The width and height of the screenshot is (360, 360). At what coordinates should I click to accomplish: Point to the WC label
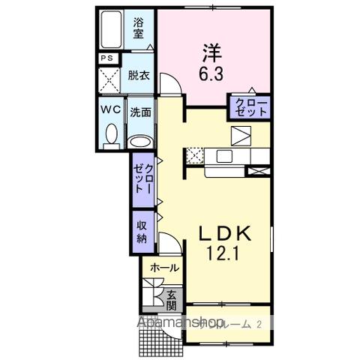[x=110, y=109]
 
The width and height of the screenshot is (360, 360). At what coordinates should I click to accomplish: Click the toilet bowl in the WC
[x=111, y=136]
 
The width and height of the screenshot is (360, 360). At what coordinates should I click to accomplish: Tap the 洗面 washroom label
[x=140, y=113]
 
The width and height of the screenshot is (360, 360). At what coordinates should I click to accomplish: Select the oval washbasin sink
[x=140, y=141]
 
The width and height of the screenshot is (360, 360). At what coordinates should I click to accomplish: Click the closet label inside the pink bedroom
[x=250, y=106]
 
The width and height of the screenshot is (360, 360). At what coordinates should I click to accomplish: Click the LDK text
[x=223, y=234]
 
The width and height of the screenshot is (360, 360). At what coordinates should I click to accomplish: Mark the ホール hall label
[x=164, y=268]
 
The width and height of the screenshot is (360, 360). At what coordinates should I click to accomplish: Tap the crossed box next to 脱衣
[x=109, y=79]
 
